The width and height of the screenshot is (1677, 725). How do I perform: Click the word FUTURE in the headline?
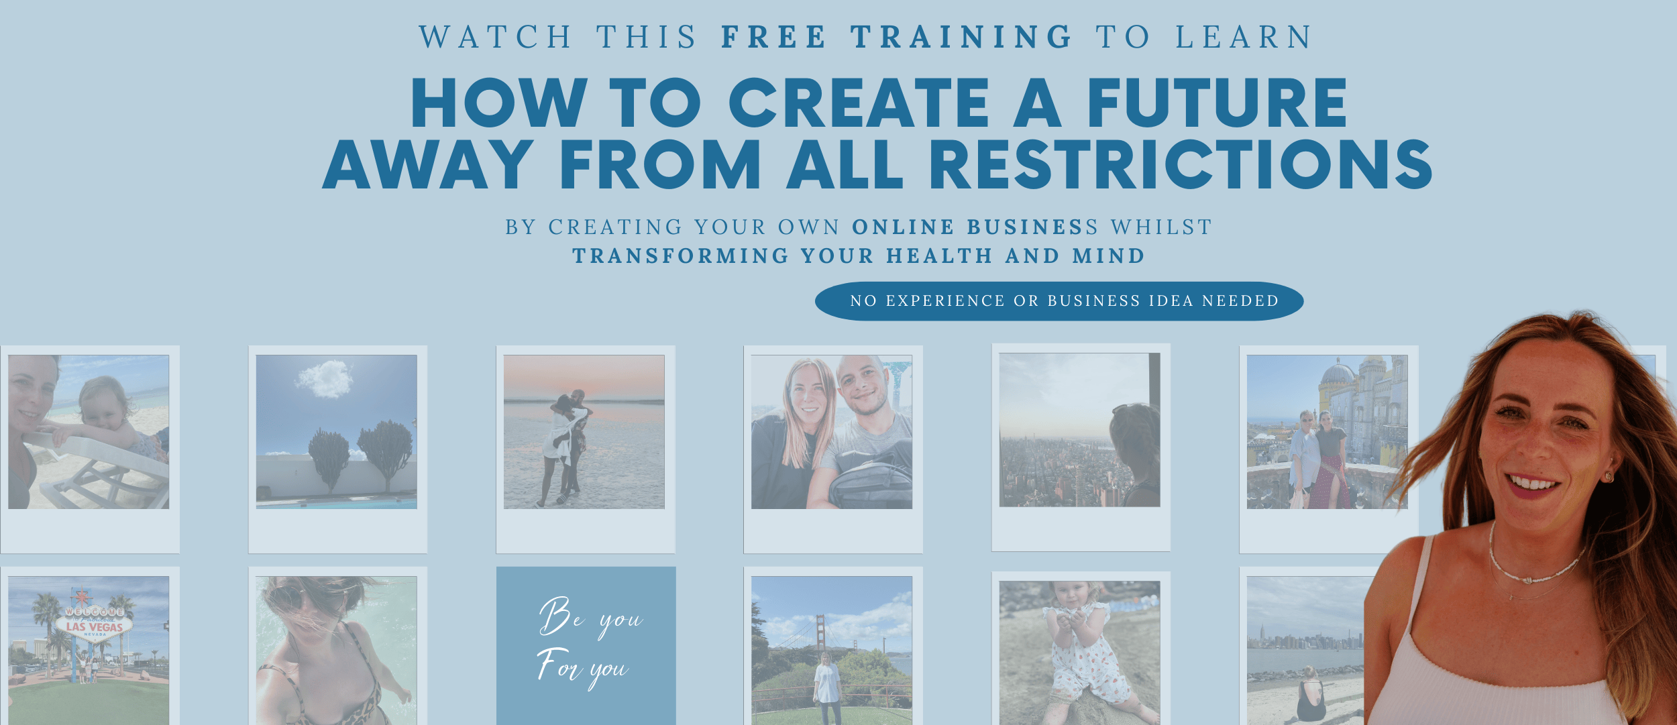(1217, 103)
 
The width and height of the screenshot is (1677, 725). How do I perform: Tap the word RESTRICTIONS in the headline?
(1181, 164)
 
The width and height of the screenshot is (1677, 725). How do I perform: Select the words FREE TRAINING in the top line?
(897, 37)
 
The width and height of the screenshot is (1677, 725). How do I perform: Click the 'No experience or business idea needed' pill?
(1059, 301)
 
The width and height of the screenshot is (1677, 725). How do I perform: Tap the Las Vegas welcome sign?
(94, 622)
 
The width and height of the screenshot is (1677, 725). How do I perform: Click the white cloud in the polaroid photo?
(325, 379)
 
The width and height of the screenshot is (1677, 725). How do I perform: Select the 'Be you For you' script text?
(590, 643)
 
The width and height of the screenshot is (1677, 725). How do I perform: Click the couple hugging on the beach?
(566, 448)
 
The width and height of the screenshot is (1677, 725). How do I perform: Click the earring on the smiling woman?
(1608, 476)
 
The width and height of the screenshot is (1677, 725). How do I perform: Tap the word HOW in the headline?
(500, 103)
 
